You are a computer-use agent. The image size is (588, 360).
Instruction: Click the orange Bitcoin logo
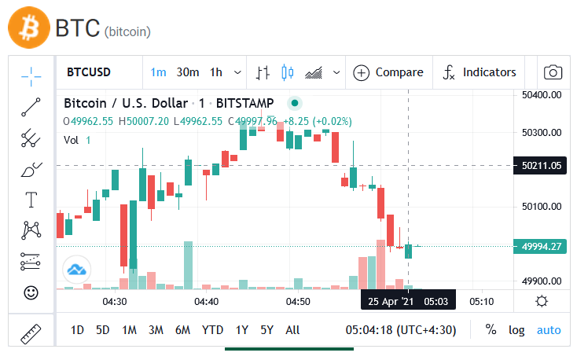(29, 28)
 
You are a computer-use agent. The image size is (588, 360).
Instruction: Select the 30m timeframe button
(188, 72)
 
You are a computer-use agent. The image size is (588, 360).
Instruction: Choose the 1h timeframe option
(216, 72)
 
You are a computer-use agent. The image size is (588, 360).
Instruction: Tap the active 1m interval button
(158, 72)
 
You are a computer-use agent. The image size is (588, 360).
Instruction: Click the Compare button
(388, 72)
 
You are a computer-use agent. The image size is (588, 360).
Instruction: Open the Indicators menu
(480, 72)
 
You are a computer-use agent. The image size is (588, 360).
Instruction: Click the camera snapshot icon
(553, 72)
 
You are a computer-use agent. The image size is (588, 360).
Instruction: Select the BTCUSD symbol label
(89, 72)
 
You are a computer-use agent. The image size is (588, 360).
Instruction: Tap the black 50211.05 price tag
(540, 165)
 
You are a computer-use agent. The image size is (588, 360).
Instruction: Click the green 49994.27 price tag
(540, 246)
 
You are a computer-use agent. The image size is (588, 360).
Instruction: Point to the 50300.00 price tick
(542, 132)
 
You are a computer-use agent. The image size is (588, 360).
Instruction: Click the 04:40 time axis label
(206, 302)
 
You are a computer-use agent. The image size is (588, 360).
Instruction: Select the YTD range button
(212, 330)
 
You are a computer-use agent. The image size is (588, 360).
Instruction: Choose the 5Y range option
(266, 330)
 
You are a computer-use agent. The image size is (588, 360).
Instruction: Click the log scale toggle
(516, 330)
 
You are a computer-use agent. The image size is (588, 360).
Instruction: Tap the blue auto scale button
(549, 330)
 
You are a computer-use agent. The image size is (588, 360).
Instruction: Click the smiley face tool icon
(31, 292)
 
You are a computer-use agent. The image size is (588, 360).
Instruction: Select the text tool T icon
(31, 200)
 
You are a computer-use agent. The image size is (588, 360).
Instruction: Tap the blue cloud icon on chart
(77, 270)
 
